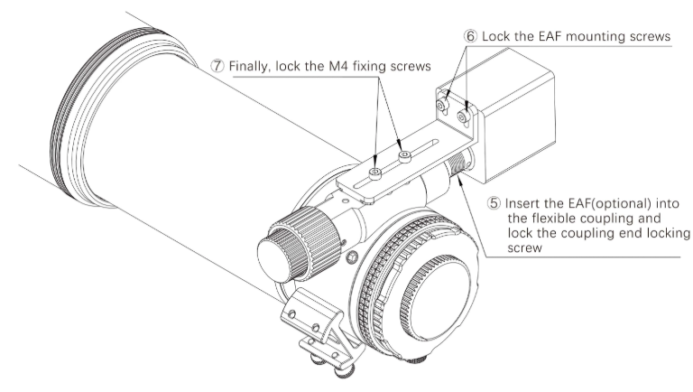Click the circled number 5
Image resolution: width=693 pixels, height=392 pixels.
tap(493, 203)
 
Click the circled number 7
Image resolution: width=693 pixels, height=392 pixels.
tap(218, 67)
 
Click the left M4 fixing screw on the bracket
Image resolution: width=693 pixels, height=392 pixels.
tap(374, 170)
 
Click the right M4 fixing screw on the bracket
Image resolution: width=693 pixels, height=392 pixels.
tap(405, 155)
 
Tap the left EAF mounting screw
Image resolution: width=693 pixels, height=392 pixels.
tap(442, 107)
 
